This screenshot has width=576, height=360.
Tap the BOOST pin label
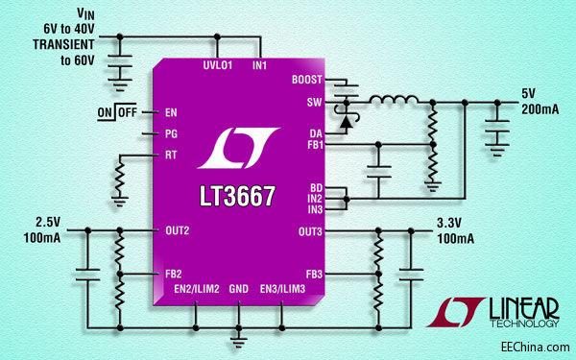point(306,81)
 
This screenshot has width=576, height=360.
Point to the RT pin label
point(171,154)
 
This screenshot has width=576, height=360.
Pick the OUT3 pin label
point(310,230)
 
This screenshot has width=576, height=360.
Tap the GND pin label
point(239,288)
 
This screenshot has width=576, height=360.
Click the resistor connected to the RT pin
point(119,179)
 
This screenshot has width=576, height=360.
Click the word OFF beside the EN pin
point(128,112)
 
